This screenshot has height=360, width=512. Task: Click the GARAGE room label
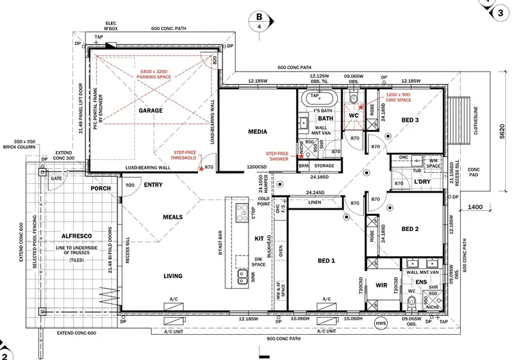point(151,110)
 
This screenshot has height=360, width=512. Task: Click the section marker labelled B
point(259,17)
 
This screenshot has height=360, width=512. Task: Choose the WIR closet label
point(381,285)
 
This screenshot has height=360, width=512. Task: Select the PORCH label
point(101,189)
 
